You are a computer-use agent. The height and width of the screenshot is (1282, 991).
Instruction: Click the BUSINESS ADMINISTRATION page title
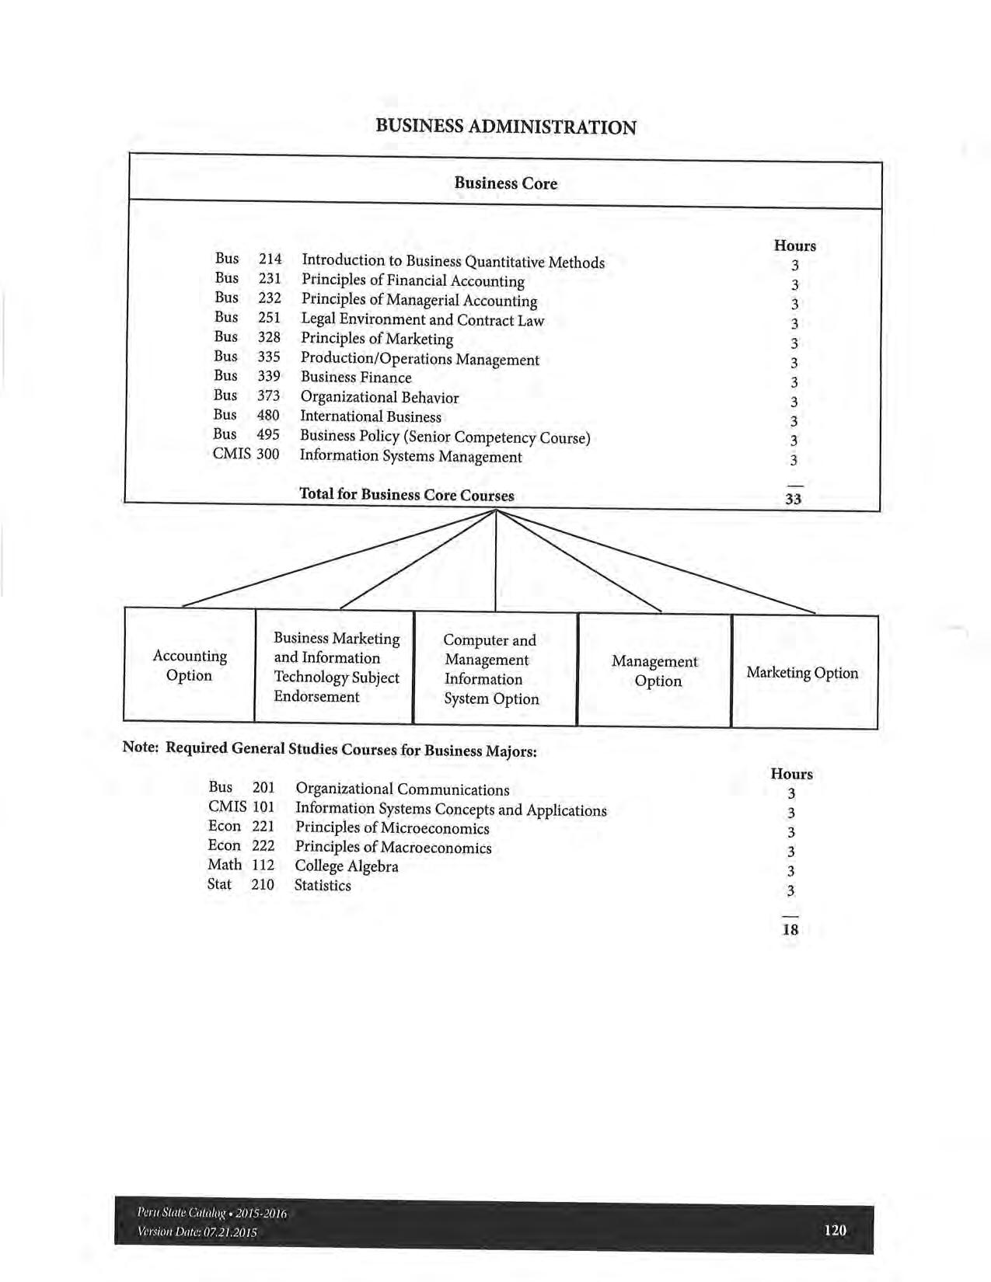505,127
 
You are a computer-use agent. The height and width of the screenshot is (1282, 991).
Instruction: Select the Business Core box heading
505,183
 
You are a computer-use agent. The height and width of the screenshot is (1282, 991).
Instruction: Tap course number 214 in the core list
270,259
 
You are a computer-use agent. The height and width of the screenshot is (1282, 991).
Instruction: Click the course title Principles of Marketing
377,339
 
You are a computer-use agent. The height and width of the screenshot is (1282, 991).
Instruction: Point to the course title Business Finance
356,378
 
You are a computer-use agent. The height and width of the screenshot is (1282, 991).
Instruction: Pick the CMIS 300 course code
246,454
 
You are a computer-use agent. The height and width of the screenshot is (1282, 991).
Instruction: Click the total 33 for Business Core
793,499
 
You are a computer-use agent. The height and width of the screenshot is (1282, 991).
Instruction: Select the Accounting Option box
190,666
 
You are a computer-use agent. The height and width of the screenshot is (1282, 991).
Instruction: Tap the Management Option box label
654,671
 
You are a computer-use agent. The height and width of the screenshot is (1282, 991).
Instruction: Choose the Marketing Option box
802,673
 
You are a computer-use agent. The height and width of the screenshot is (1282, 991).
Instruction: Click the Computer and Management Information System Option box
490,669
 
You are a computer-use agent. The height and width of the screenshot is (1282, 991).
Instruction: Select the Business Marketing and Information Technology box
336,667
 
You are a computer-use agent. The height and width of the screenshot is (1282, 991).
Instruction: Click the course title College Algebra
347,866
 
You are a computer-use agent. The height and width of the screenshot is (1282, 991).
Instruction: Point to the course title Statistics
323,886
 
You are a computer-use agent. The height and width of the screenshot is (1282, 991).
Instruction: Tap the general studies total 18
790,929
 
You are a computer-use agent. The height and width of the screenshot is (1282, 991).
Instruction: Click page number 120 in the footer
835,1230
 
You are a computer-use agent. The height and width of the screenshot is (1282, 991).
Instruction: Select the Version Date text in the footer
197,1232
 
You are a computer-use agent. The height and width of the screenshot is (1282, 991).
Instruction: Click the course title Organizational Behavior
379,398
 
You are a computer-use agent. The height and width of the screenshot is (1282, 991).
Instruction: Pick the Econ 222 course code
241,845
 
